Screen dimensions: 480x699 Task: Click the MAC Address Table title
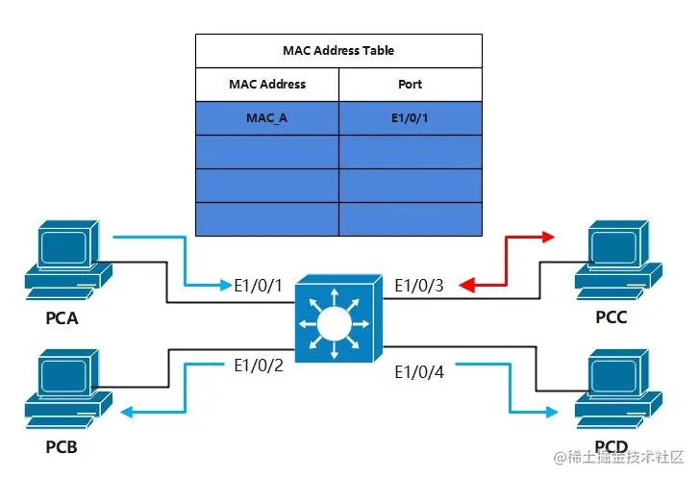coord(338,50)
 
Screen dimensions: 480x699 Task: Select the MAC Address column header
coord(267,84)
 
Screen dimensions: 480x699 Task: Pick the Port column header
coord(410,84)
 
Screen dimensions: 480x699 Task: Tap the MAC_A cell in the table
coord(267,118)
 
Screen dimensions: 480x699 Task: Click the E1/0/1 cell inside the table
coord(410,118)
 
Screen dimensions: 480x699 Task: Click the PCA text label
coord(62,316)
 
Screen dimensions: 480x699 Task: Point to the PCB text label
coord(62,448)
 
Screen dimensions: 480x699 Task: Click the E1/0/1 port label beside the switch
coord(258,285)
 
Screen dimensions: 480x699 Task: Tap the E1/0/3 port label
coord(419,285)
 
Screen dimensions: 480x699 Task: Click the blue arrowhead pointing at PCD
coord(550,412)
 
